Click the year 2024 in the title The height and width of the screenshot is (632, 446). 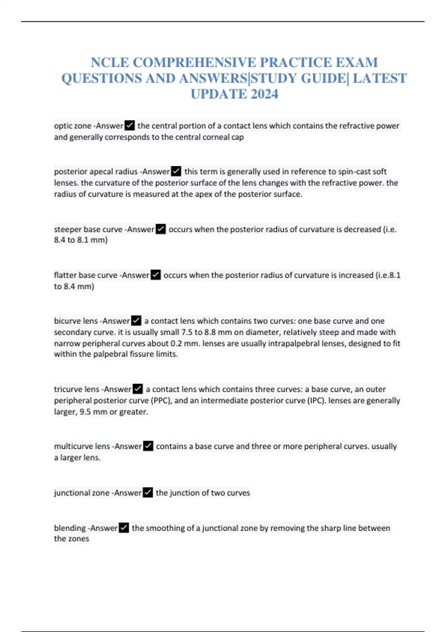(x=264, y=94)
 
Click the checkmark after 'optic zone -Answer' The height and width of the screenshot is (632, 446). (x=130, y=126)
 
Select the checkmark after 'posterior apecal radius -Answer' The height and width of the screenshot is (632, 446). (x=176, y=171)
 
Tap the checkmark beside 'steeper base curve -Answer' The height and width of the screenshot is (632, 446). (x=161, y=229)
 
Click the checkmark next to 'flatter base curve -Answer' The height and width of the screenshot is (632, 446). (x=156, y=275)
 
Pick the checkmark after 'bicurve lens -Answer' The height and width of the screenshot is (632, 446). (x=136, y=320)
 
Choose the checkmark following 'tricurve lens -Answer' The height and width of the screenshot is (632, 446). (x=138, y=389)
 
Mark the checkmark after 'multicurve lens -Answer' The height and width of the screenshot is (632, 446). (x=148, y=446)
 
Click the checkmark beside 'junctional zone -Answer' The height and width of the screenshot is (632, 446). (x=148, y=493)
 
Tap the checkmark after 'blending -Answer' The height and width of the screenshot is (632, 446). (x=124, y=528)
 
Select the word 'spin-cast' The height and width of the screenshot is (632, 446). (x=354, y=171)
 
